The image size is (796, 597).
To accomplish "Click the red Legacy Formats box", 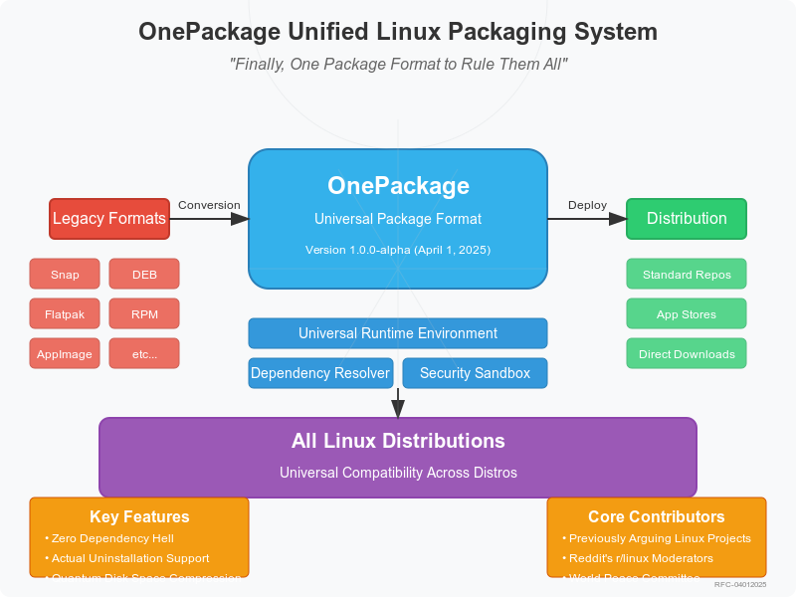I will (109, 219).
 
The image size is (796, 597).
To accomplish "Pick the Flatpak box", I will (65, 313).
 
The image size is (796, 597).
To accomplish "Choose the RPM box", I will (143, 313).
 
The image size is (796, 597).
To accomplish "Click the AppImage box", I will (65, 353).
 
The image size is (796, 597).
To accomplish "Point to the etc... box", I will (143, 353).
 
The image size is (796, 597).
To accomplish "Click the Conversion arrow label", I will (209, 205).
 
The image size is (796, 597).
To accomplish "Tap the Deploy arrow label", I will (587, 205).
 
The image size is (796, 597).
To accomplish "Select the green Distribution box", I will (687, 219).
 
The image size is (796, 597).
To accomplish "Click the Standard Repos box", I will (687, 274).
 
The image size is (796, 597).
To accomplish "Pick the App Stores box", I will (687, 313).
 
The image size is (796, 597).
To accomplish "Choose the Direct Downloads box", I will (687, 353).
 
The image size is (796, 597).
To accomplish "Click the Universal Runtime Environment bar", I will (398, 333).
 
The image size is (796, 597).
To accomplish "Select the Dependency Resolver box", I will (321, 373).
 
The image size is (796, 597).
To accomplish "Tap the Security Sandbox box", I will (475, 373).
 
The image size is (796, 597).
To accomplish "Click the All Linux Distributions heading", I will (398, 441).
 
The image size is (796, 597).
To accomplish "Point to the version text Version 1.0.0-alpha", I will (398, 250).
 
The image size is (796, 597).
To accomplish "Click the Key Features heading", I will (139, 516).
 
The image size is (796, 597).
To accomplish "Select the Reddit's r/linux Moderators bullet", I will (641, 558).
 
